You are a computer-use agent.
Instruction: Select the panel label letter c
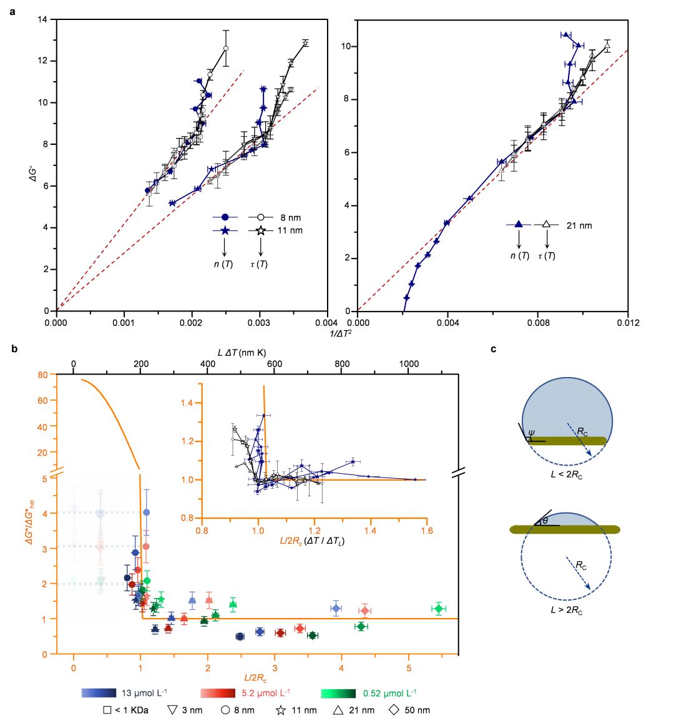494,349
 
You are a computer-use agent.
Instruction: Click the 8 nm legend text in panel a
291,217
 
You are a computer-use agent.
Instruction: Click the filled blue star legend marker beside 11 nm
225,231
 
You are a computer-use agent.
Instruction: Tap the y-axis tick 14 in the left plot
43,20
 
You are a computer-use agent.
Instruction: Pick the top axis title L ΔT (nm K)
242,353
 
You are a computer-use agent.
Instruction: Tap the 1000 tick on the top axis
409,364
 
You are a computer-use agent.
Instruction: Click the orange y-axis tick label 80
42,375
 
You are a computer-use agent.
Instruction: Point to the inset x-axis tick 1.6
426,531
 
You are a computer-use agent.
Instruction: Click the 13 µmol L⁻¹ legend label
144,692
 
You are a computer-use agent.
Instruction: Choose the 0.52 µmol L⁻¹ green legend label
389,692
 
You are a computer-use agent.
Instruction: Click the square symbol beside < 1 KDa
107,710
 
